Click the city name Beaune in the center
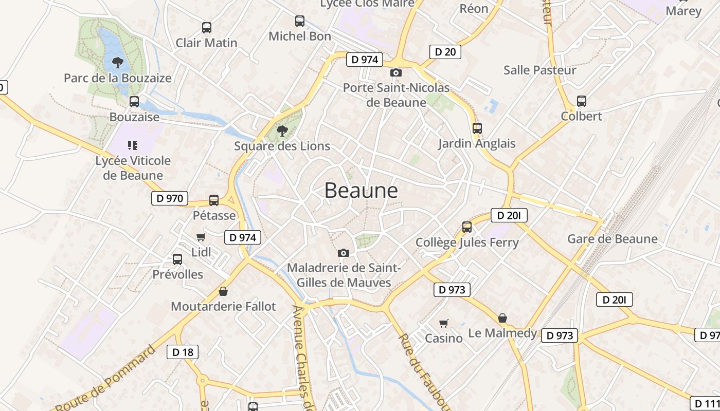(x=361, y=191)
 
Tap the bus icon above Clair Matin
(x=207, y=28)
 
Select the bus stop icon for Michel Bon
(x=300, y=21)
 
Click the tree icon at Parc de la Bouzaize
(x=118, y=63)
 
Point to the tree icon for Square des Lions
(x=282, y=131)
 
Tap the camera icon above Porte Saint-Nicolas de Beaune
(x=396, y=73)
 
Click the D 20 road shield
(x=445, y=51)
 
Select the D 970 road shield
(x=170, y=198)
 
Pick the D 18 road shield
(x=183, y=352)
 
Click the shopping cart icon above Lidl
(x=201, y=237)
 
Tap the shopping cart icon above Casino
(x=444, y=323)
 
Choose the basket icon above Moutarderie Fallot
(x=223, y=291)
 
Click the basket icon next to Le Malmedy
(x=502, y=318)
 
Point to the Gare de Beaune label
(x=612, y=239)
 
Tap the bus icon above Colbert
(x=582, y=101)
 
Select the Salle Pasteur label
(x=539, y=70)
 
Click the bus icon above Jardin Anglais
(x=477, y=128)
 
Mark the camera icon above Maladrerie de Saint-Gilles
(x=344, y=253)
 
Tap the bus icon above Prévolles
(x=177, y=259)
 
